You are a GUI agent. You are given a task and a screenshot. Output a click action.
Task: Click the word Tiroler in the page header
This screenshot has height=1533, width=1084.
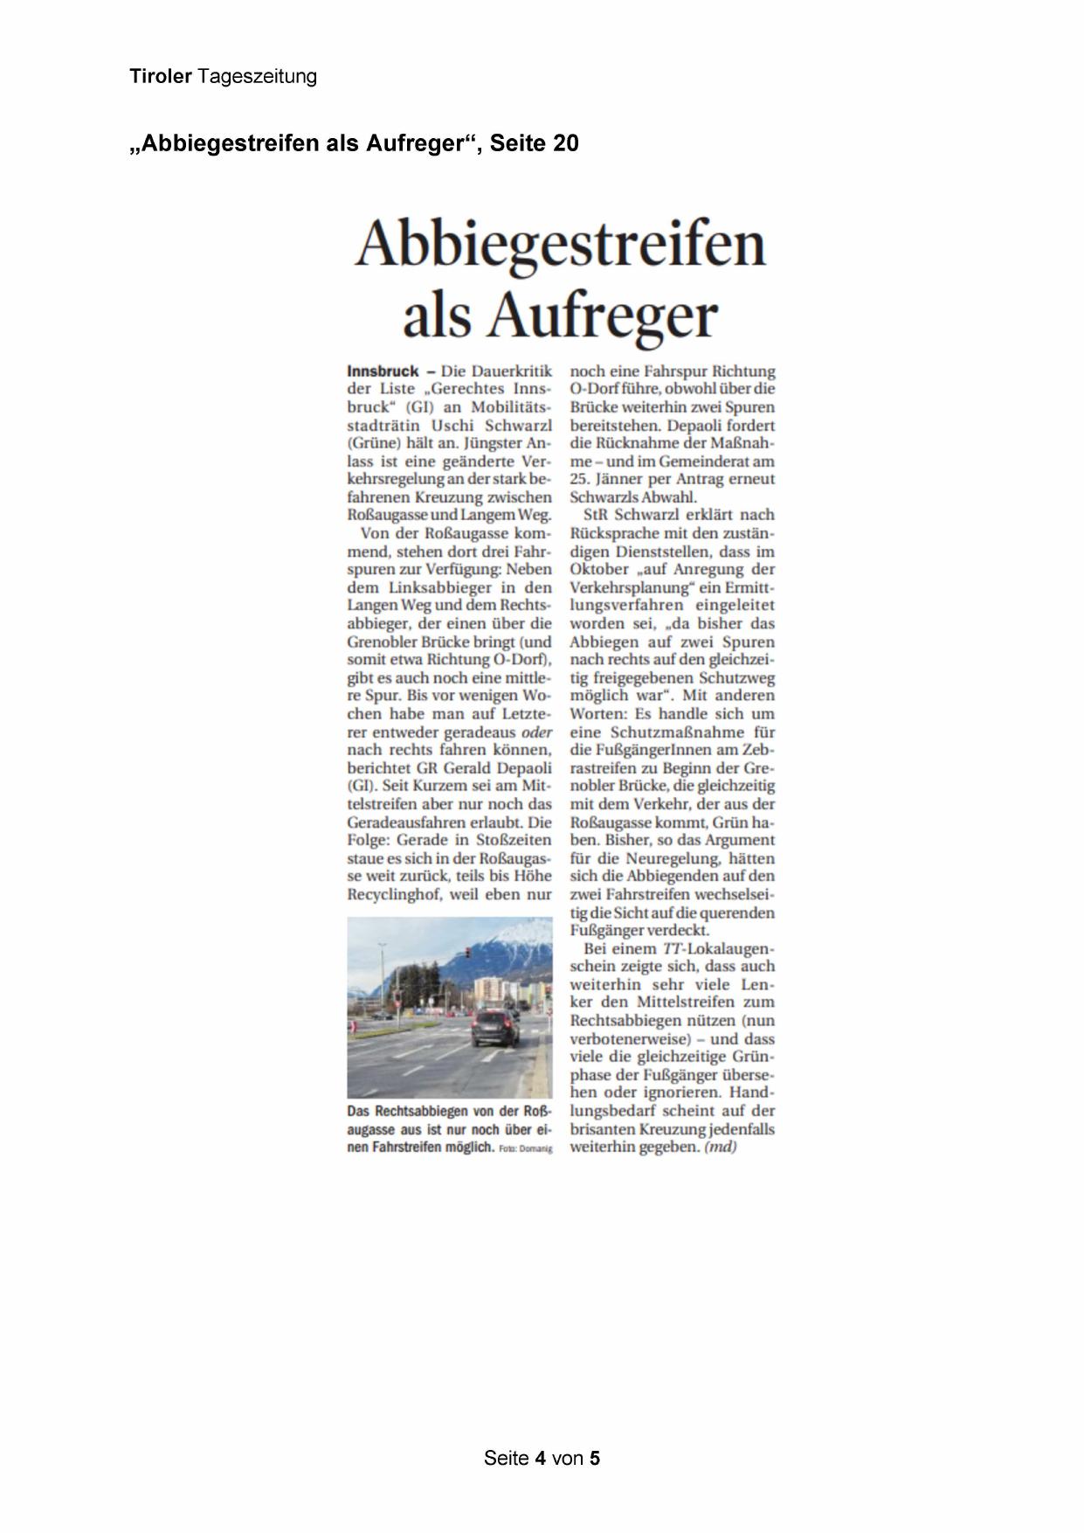(x=160, y=77)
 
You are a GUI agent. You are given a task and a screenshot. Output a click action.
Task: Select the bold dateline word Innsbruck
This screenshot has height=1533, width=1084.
(x=383, y=371)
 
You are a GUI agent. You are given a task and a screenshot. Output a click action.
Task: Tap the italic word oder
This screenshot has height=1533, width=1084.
(x=536, y=732)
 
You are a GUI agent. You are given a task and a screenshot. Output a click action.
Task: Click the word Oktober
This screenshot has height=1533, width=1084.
(x=598, y=569)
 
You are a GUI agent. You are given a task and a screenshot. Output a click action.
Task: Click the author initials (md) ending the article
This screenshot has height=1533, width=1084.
(x=721, y=1147)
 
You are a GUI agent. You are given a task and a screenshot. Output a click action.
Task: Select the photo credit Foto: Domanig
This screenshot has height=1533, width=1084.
(x=526, y=1148)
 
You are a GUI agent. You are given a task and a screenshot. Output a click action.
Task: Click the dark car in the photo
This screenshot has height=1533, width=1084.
(x=495, y=1029)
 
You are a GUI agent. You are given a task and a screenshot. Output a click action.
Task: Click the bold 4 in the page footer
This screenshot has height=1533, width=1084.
(x=541, y=1458)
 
